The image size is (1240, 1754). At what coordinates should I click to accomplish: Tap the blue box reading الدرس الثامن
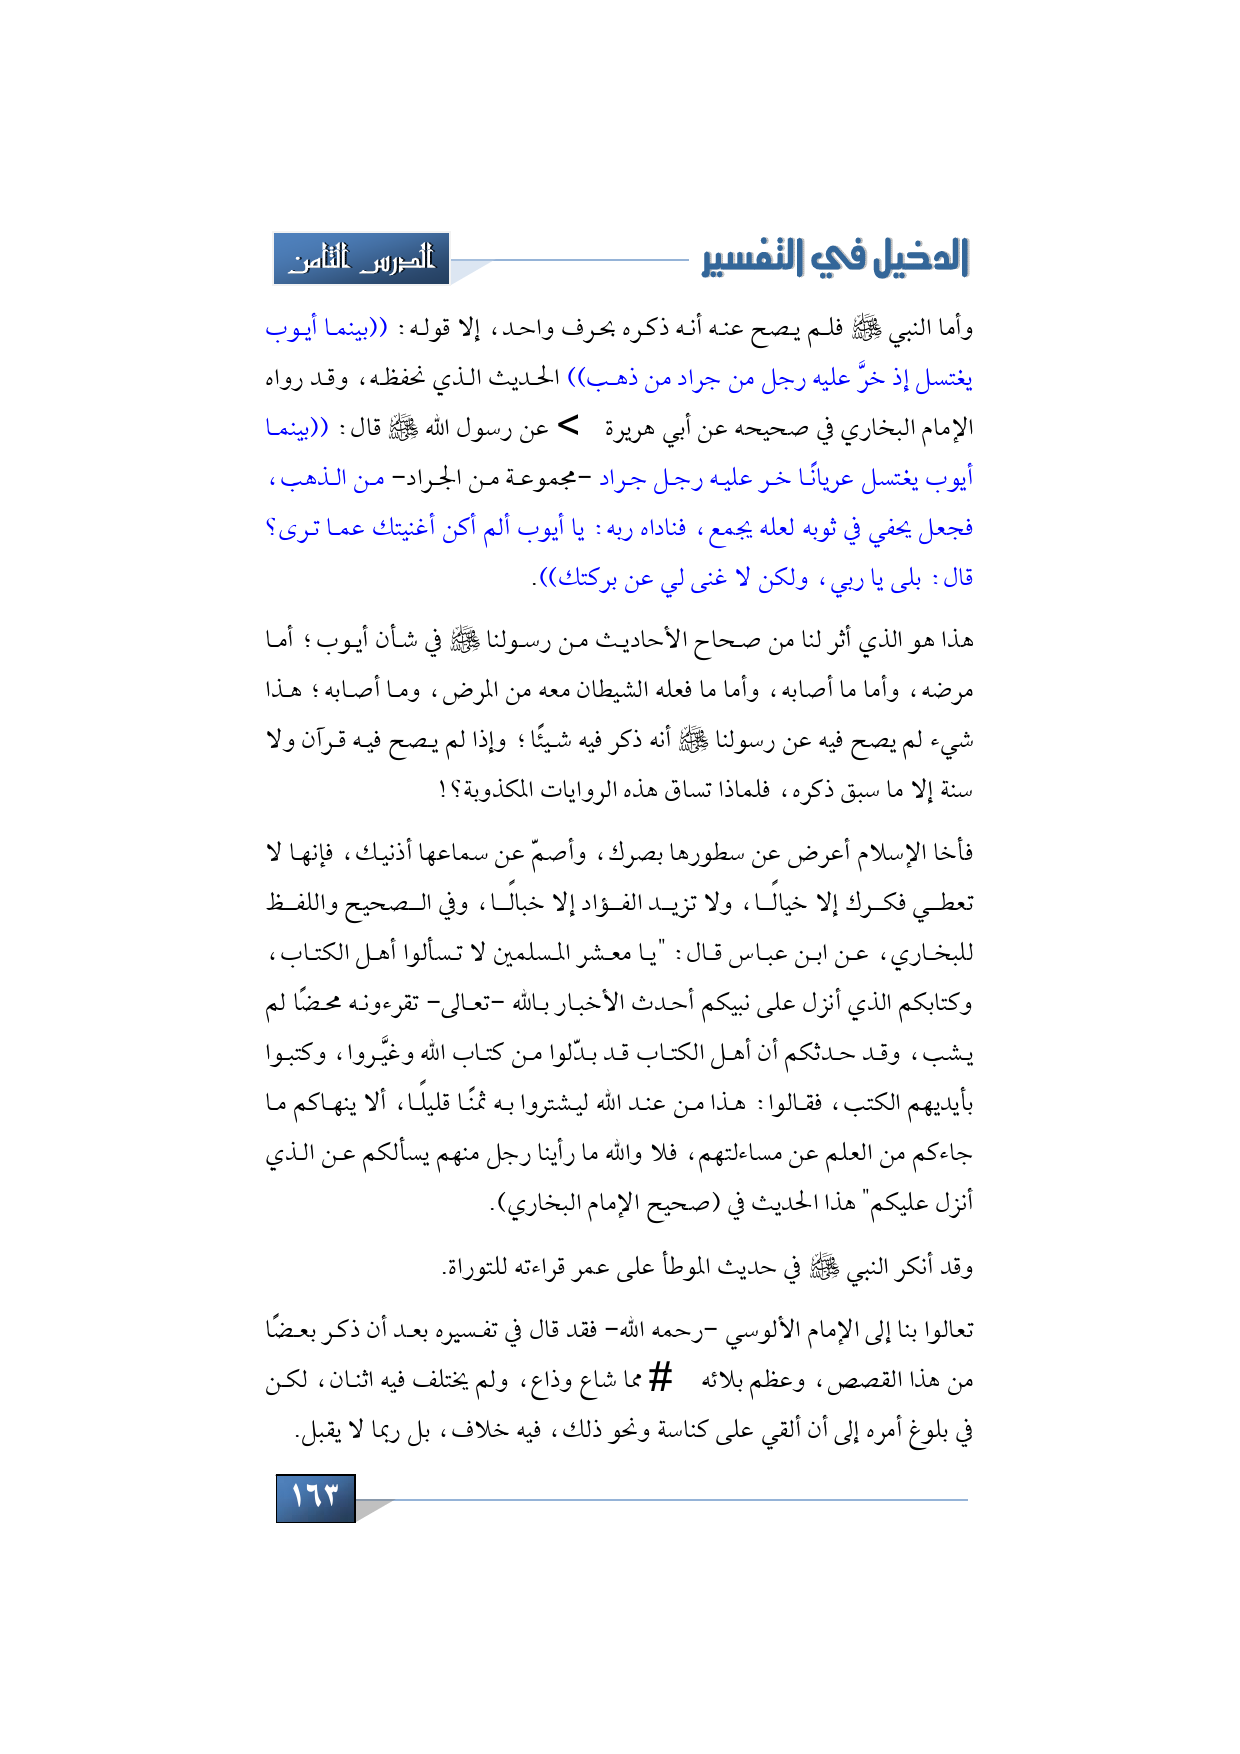tap(362, 259)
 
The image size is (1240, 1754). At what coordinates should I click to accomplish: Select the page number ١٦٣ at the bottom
tap(315, 1497)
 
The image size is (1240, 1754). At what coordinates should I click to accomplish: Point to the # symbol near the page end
tap(660, 1379)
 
